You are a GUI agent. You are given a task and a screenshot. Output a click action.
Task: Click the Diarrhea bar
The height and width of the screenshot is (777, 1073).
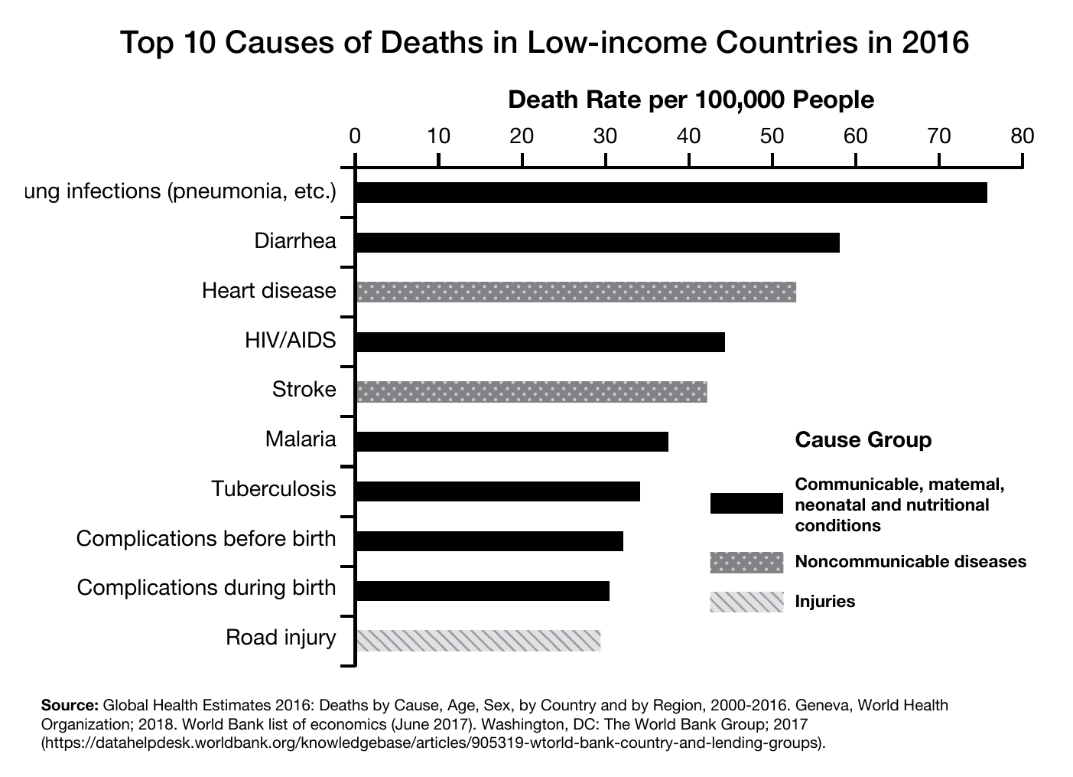pyautogui.click(x=597, y=242)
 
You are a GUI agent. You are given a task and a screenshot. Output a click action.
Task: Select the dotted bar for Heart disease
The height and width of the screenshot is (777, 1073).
pyautogui.click(x=576, y=292)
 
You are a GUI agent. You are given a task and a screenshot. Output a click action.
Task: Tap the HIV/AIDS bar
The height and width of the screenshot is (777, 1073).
pyautogui.click(x=540, y=341)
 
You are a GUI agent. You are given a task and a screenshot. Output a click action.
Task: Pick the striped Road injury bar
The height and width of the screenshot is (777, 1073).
pyautogui.click(x=478, y=640)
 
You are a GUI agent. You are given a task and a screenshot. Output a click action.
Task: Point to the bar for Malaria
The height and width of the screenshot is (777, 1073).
pyautogui.click(x=512, y=442)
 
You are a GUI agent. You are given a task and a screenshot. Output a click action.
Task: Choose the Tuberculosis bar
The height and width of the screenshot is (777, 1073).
pyautogui.click(x=498, y=491)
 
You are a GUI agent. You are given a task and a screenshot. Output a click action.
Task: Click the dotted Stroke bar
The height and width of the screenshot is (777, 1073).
pyautogui.click(x=532, y=391)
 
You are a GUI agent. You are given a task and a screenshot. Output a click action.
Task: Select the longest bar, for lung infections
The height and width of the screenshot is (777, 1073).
pyautogui.click(x=671, y=192)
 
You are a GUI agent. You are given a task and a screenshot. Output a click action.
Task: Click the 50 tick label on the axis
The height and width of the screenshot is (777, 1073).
pyautogui.click(x=772, y=137)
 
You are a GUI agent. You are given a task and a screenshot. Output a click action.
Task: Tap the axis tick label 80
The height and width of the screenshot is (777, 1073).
pyautogui.click(x=1022, y=137)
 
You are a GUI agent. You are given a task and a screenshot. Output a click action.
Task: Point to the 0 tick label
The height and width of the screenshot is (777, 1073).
pyautogui.click(x=355, y=137)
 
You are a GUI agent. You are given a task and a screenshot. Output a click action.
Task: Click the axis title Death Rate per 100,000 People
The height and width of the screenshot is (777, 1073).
pyautogui.click(x=691, y=100)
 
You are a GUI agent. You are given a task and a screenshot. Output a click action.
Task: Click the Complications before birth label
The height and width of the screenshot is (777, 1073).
pyautogui.click(x=206, y=539)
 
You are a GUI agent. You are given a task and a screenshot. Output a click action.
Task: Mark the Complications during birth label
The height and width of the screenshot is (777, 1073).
pyautogui.click(x=206, y=588)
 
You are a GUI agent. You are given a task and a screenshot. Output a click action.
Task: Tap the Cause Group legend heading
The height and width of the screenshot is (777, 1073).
pyautogui.click(x=863, y=440)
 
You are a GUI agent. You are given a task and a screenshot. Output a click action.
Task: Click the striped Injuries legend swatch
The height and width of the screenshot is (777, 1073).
pyautogui.click(x=746, y=602)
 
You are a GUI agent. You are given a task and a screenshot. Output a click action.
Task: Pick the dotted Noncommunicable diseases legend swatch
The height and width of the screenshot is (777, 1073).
pyautogui.click(x=746, y=562)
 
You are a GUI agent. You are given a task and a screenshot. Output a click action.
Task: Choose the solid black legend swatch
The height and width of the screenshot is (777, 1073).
pyautogui.click(x=746, y=504)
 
